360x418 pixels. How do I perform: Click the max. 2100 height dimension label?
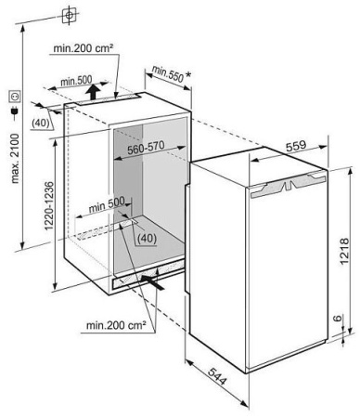[15, 159]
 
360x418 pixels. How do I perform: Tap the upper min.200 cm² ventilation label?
[83, 48]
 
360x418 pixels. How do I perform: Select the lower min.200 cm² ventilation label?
[116, 325]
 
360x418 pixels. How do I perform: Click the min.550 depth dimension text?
[168, 75]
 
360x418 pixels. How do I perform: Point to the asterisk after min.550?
[188, 74]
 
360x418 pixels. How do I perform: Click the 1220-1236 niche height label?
[49, 206]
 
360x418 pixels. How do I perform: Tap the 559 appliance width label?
[296, 146]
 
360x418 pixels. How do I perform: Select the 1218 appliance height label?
[345, 251]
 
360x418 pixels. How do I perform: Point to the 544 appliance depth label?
[217, 376]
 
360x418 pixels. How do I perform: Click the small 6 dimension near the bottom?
[338, 318]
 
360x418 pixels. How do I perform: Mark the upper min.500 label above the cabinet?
[76, 82]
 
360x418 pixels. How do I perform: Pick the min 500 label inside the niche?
[107, 204]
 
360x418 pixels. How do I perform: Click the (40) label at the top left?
[41, 123]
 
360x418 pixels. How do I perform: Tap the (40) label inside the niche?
[147, 239]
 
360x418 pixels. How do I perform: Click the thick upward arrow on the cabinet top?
[93, 91]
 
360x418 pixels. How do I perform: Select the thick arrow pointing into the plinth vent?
[152, 282]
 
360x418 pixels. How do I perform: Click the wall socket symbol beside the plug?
[15, 97]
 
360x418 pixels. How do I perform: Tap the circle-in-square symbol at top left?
[70, 15]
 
